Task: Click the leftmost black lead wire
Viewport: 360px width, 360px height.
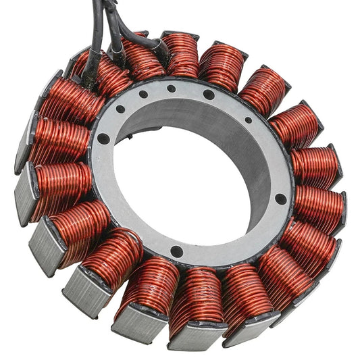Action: [x=95, y=34]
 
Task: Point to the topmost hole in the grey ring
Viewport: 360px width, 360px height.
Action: [x=172, y=88]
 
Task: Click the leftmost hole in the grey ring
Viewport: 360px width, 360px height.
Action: [x=103, y=138]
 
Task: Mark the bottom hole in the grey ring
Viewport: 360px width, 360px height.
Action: [x=176, y=251]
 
